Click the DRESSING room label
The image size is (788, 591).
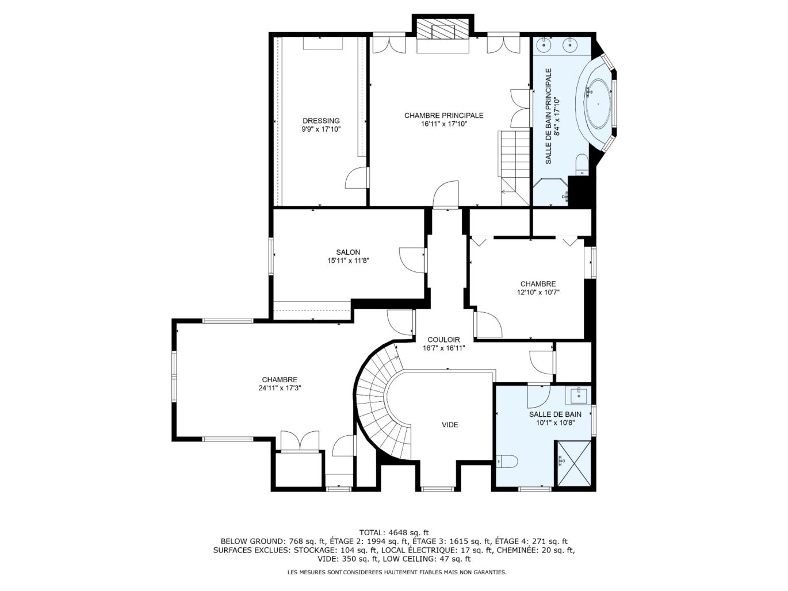point(321,121)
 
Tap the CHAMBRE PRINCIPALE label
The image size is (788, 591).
point(443,116)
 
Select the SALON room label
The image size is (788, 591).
point(348,252)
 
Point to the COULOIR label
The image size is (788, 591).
point(443,340)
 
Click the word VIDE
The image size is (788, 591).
point(450,425)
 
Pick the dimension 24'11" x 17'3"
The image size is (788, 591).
point(280,388)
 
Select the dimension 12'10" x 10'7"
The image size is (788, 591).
point(538,292)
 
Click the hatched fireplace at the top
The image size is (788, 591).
point(443,30)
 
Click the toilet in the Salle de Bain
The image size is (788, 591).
point(507,461)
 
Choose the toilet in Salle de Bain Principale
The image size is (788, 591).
point(582,163)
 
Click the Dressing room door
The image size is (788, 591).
point(357,178)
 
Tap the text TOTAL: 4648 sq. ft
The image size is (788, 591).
point(394,532)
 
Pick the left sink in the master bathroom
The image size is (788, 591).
point(544,44)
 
